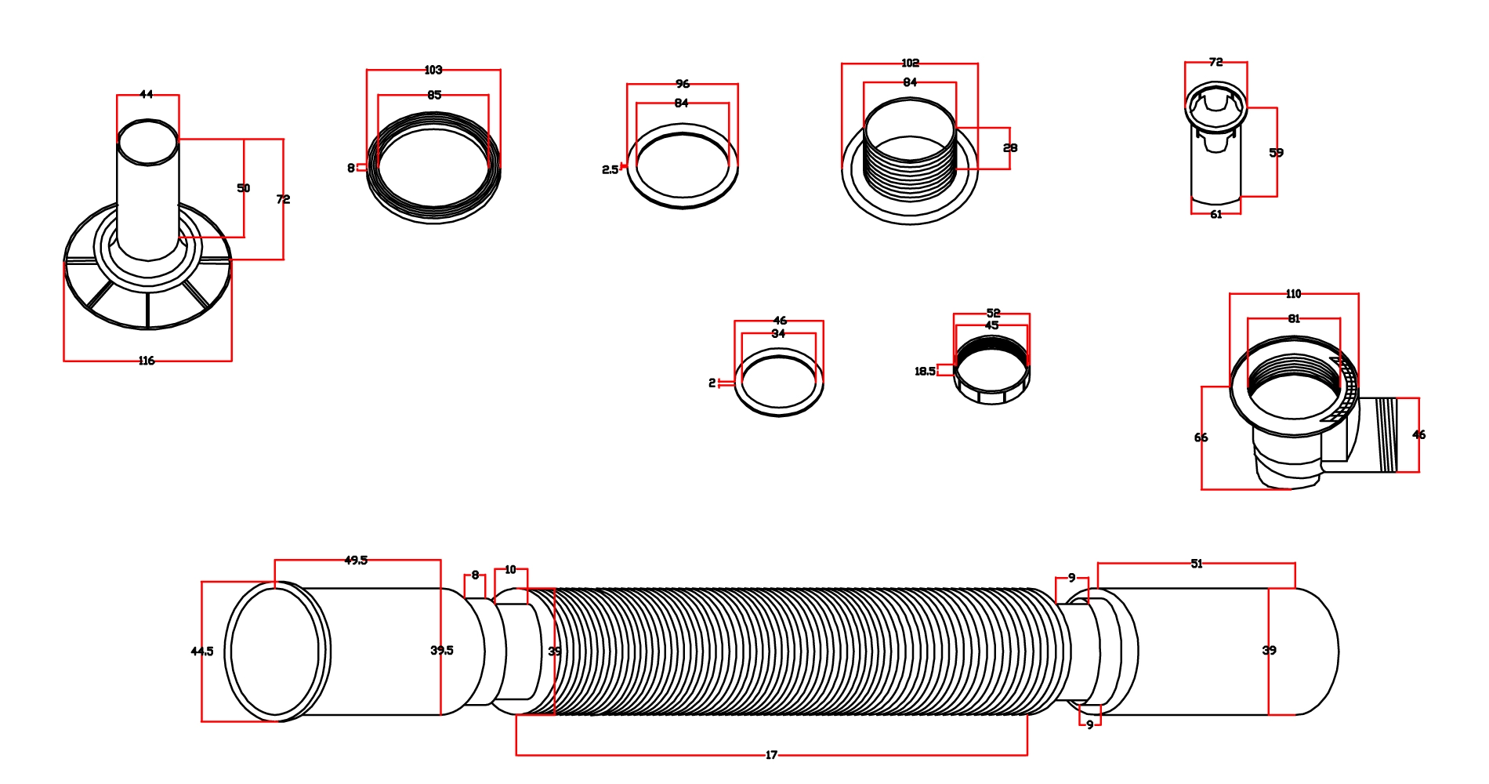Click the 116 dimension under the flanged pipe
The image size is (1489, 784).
tap(147, 361)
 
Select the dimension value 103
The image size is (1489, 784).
tap(433, 70)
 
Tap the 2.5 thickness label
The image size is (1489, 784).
tap(610, 169)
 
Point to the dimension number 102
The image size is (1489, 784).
tap(910, 63)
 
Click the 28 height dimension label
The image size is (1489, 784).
tap(1010, 147)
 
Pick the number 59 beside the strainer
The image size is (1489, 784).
tap(1277, 152)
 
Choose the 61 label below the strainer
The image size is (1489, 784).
tap(1216, 214)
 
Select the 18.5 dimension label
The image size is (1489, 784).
tap(925, 371)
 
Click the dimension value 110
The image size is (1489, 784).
tap(1294, 294)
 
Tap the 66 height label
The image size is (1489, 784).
tap(1201, 437)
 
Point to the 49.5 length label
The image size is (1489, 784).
tap(356, 560)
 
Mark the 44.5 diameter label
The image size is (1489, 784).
tap(201, 651)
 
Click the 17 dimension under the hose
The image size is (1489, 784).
tap(771, 755)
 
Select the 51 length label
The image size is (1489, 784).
tap(1197, 564)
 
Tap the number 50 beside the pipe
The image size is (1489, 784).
tap(244, 188)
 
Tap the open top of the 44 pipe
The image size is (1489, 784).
tap(147, 143)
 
